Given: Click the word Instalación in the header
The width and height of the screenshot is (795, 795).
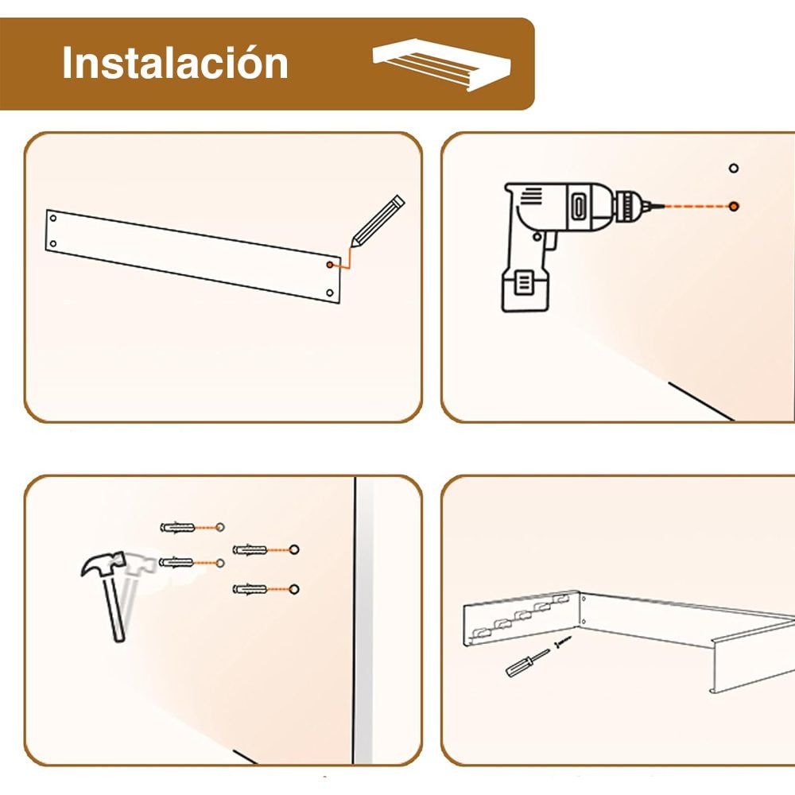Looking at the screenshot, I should pyautogui.click(x=175, y=64).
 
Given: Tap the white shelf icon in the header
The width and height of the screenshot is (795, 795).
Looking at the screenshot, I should pyautogui.click(x=442, y=64).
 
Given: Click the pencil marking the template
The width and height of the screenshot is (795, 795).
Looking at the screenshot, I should pyautogui.click(x=378, y=218).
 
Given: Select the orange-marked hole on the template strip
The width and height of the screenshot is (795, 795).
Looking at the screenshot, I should pyautogui.click(x=330, y=262).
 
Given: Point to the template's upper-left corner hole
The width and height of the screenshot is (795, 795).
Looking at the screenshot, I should pyautogui.click(x=53, y=217).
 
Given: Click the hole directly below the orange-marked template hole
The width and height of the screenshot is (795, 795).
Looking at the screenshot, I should pyautogui.click(x=330, y=293).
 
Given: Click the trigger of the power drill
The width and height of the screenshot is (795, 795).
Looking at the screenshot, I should pyautogui.click(x=549, y=239).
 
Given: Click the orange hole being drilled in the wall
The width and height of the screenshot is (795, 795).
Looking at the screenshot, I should pyautogui.click(x=734, y=206).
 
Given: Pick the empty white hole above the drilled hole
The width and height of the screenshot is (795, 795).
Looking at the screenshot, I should pyautogui.click(x=734, y=169).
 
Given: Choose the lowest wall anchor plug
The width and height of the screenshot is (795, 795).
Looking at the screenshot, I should pyautogui.click(x=250, y=589).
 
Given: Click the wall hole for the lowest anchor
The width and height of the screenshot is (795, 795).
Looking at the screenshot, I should pyautogui.click(x=294, y=589).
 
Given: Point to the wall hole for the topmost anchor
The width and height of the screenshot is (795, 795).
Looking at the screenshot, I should pyautogui.click(x=220, y=528).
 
